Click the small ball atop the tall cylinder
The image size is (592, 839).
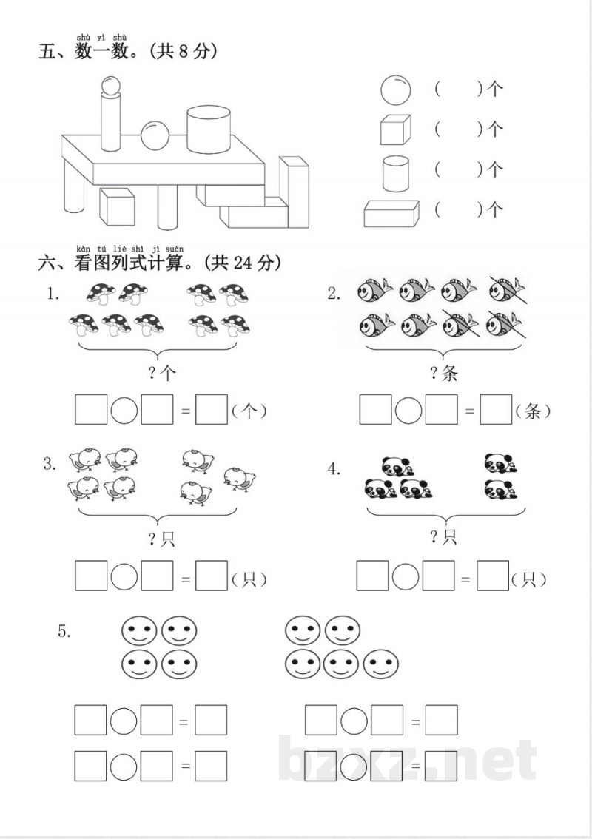coord(110,86)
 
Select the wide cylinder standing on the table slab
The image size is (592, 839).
coord(208,129)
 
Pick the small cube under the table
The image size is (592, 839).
coord(117,206)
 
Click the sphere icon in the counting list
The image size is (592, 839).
coord(395,90)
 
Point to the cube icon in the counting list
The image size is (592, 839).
coord(394,130)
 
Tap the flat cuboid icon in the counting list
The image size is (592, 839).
coord(391,213)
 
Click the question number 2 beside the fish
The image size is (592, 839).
coord(334,294)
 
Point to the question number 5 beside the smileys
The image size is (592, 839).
coord(64,630)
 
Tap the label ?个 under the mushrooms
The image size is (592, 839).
coord(162,373)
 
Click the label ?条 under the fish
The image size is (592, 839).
coord(444,373)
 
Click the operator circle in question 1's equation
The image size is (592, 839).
coord(124,410)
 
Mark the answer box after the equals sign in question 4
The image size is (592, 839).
coord(492,576)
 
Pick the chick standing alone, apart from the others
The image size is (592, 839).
coord(240,478)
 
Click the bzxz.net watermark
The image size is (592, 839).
coord(410,761)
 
